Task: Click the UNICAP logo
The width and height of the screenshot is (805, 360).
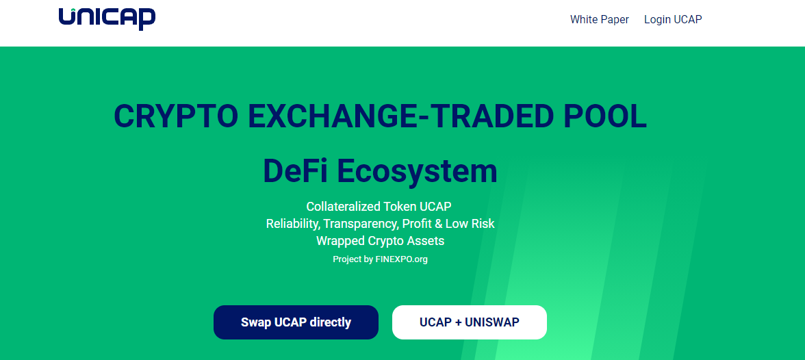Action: click(x=107, y=18)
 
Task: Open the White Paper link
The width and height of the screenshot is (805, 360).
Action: click(x=599, y=20)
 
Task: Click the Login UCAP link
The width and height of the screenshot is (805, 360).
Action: click(x=673, y=20)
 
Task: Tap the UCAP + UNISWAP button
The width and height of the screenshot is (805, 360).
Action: click(x=470, y=322)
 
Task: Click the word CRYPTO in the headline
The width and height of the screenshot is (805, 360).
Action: click(x=175, y=116)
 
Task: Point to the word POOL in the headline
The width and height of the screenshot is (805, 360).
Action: click(x=605, y=116)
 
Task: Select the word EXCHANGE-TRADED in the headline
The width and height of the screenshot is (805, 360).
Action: click(x=401, y=116)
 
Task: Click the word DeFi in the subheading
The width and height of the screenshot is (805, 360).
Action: click(x=295, y=171)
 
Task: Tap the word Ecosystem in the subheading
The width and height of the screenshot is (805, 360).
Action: click(x=418, y=172)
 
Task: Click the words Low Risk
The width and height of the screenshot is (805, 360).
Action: click(x=470, y=224)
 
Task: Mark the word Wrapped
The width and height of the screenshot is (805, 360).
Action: click(x=340, y=241)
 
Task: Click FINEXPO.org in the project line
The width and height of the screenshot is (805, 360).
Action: click(x=401, y=259)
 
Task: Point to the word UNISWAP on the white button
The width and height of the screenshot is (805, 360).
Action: click(x=491, y=322)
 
